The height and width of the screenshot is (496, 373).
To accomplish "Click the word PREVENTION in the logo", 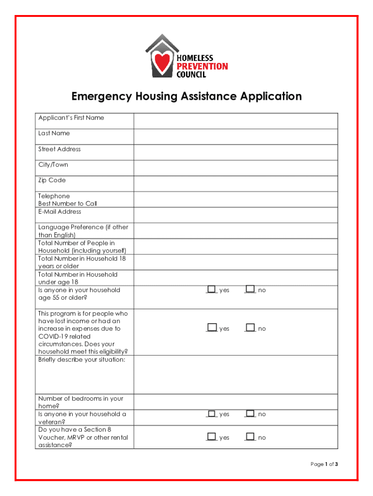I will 202,66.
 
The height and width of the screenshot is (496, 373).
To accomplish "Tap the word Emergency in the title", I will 101,96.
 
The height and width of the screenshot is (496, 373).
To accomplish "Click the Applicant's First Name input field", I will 236,121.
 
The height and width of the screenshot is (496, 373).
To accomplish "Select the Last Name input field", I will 236,137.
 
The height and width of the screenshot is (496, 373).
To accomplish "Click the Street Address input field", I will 236,153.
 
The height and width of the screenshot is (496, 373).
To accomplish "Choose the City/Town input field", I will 236,168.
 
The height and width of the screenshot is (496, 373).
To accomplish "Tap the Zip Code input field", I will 236,184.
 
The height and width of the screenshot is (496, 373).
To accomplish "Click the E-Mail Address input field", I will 236,215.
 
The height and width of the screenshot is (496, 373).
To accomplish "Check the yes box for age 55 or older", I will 211,289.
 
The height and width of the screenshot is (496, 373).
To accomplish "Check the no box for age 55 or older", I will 250,289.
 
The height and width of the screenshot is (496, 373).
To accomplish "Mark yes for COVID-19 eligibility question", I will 211,328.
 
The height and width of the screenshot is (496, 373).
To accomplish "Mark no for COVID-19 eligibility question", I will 250,328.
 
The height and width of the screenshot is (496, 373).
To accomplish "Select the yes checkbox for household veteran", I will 211,414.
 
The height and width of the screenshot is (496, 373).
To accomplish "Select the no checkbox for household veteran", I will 250,414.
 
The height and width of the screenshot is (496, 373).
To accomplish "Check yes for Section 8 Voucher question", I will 211,437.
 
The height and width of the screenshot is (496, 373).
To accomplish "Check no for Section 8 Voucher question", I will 250,437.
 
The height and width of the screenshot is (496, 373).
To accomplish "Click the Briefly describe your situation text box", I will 236,375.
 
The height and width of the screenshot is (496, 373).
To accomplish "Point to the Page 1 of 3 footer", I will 324,465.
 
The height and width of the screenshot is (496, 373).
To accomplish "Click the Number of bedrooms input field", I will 236,402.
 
